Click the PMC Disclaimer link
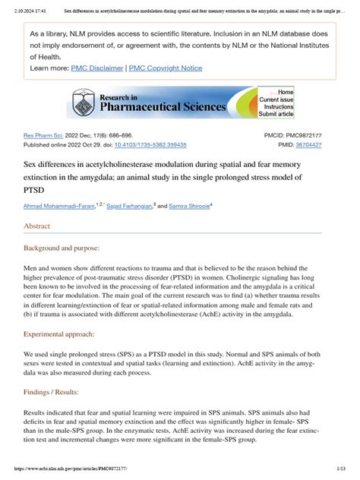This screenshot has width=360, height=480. click(x=98, y=68)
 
